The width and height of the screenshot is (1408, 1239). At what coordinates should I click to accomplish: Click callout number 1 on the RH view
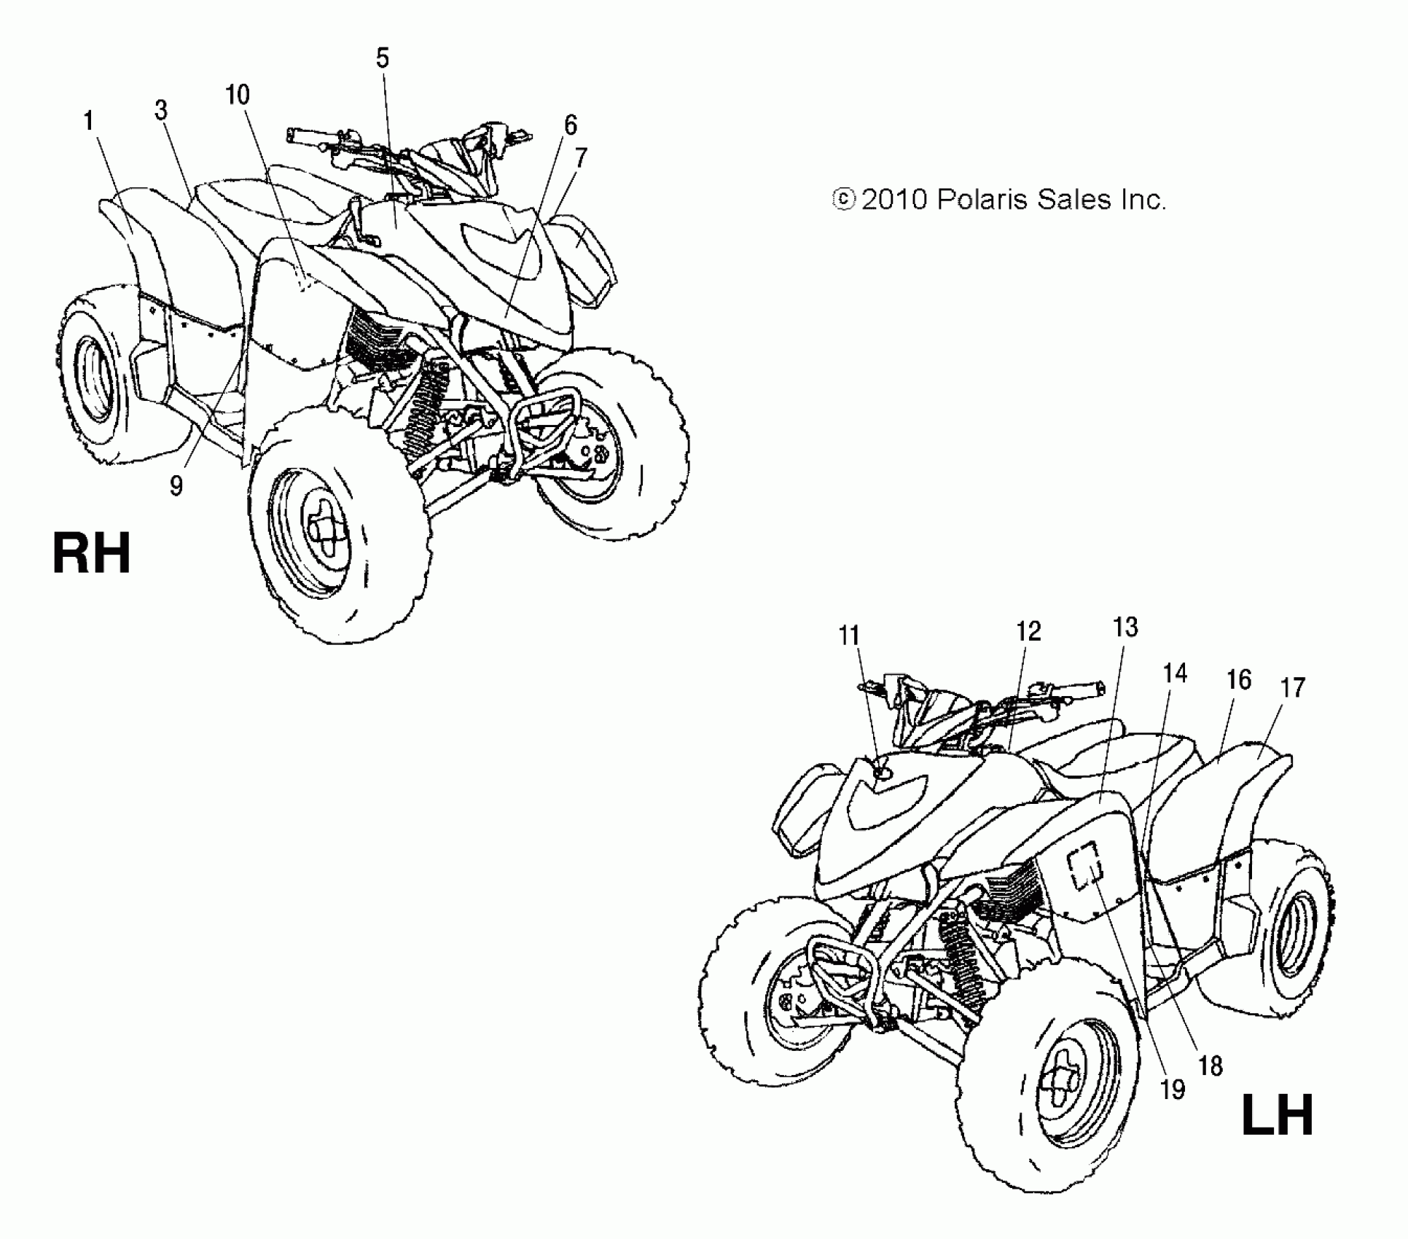(89, 121)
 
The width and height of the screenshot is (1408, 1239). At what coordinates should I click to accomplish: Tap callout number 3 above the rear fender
(161, 110)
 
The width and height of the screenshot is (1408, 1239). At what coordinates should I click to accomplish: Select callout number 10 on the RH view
(238, 95)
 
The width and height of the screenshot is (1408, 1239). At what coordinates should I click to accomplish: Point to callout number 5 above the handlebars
(383, 58)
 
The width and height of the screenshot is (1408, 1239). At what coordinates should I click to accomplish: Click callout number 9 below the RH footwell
(176, 486)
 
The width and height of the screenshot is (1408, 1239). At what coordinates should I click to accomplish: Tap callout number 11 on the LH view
(849, 636)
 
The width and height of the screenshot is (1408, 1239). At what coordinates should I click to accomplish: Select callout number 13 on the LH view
(1125, 628)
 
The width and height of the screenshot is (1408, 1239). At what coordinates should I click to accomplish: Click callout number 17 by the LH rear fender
(1293, 687)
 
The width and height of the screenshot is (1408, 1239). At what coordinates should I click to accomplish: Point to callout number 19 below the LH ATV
(1173, 1090)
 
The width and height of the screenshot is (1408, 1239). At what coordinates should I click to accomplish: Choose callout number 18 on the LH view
(1211, 1066)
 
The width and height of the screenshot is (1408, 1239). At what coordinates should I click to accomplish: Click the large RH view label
(92, 554)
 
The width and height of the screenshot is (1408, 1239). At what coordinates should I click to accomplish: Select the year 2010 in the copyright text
(893, 199)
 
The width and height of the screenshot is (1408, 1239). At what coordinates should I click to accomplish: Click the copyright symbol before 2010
(843, 200)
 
